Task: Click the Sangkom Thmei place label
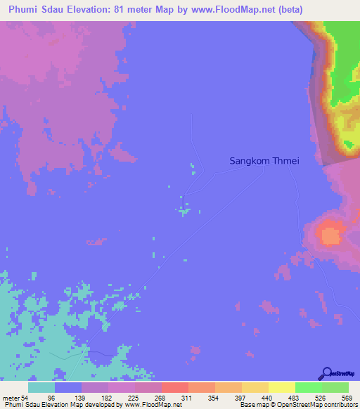(x=264, y=161)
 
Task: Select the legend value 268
(x=161, y=398)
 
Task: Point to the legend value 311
(x=188, y=398)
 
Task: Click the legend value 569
(x=347, y=398)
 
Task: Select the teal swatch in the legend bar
(x=41, y=387)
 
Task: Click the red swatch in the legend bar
(x=174, y=387)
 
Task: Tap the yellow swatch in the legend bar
(x=281, y=387)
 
